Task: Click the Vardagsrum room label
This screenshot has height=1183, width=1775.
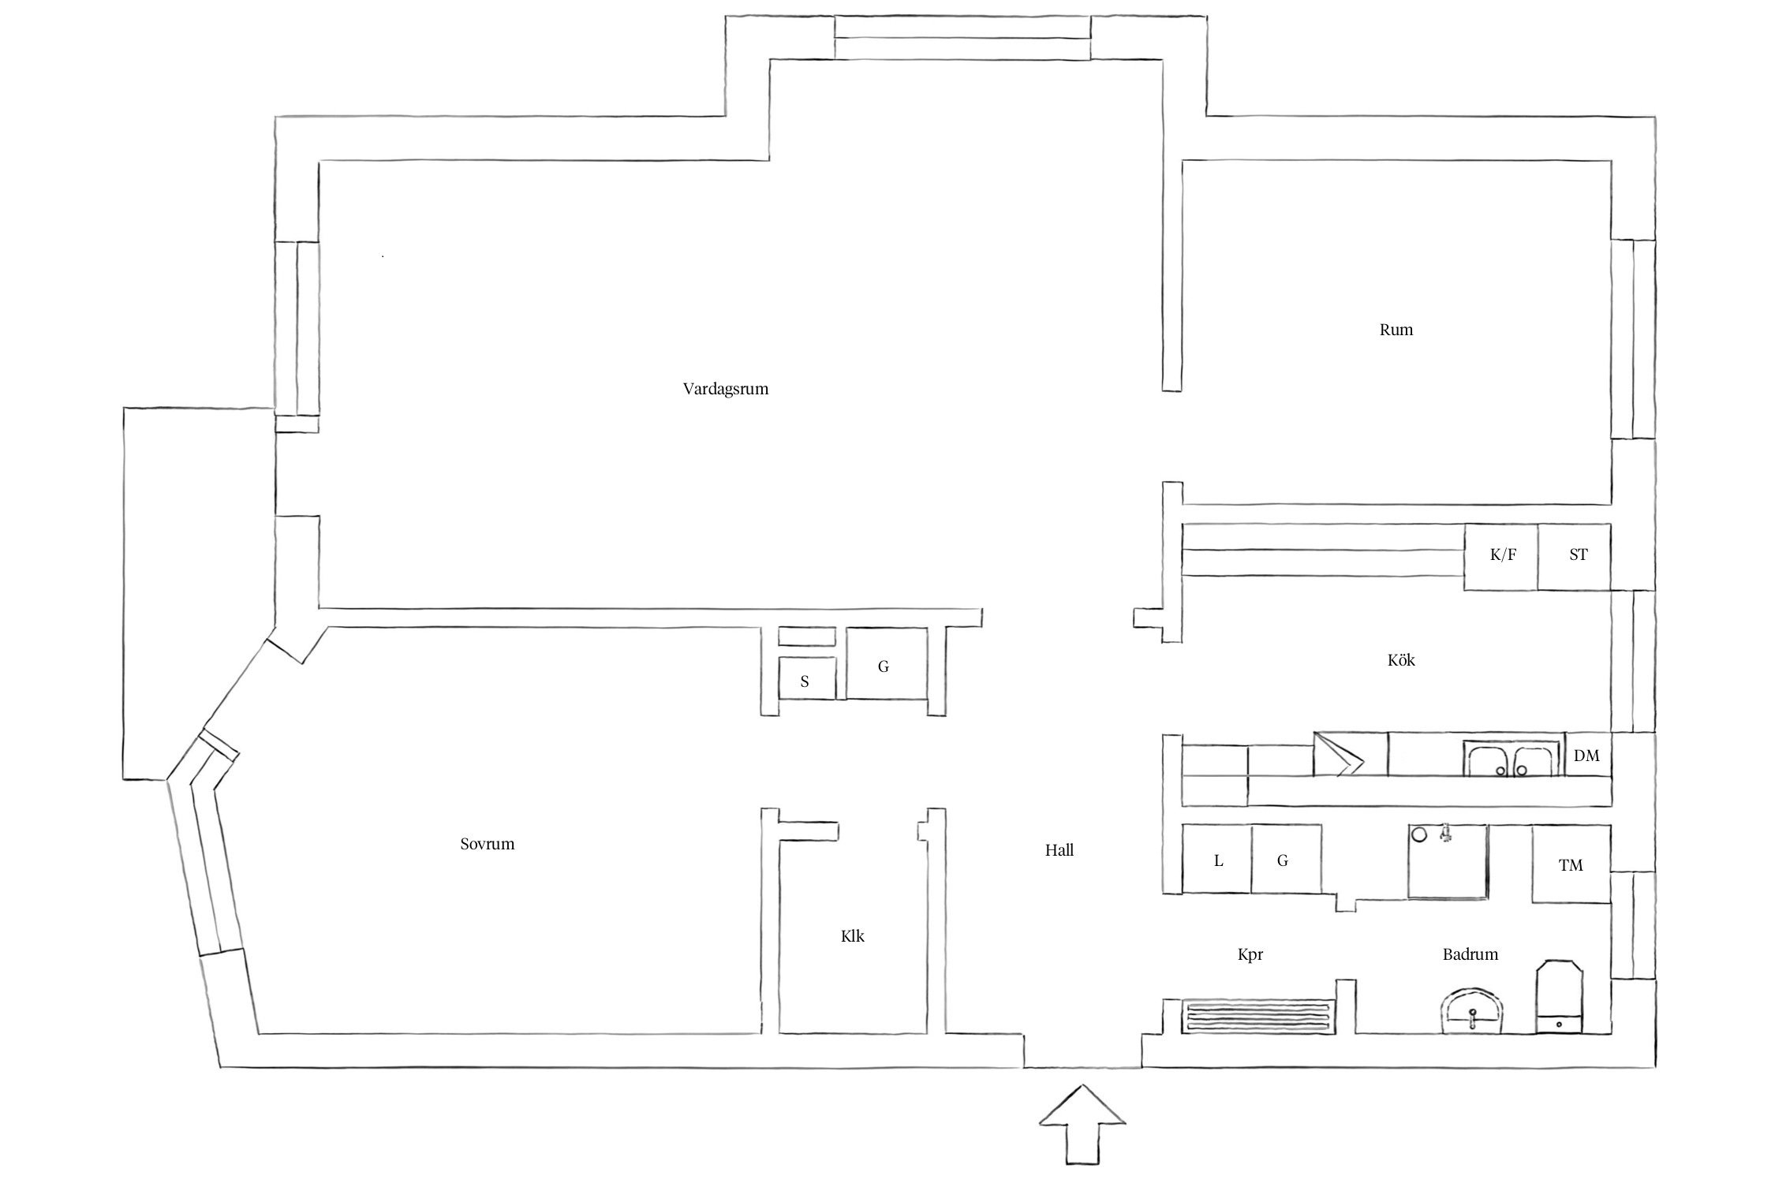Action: (726, 389)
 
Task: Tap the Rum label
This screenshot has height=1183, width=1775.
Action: (1396, 330)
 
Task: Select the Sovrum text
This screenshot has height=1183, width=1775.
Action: (488, 844)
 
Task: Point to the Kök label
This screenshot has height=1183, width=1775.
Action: (1401, 659)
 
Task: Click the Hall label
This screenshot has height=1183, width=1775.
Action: (1059, 850)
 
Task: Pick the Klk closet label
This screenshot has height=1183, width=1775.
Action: (853, 936)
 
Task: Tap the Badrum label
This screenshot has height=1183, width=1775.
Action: (1470, 954)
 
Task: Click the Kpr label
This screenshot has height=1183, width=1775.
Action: (1250, 955)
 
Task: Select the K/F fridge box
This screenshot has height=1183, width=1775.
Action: (1501, 557)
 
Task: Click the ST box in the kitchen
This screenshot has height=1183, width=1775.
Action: (1574, 557)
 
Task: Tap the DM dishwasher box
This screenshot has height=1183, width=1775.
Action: (1587, 755)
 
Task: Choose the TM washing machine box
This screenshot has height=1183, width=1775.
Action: (1571, 864)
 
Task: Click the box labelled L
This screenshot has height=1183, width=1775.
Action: (1217, 860)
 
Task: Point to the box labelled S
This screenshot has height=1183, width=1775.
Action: (806, 678)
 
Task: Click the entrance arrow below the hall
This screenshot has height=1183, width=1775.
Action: (1082, 1136)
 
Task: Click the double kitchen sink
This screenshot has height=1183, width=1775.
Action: (1512, 758)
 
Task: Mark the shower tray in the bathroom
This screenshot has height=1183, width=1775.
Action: (1448, 862)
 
